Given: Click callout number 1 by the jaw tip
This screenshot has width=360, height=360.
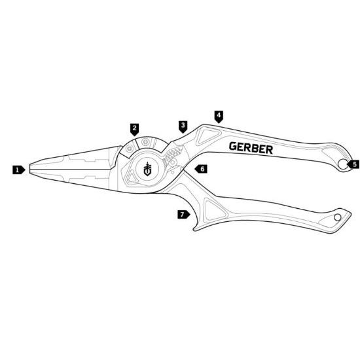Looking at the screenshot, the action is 18,170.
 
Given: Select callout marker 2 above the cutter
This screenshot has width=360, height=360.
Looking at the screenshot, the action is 134,129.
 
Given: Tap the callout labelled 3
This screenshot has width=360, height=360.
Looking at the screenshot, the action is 183,127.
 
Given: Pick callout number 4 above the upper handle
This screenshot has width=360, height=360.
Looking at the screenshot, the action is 219,117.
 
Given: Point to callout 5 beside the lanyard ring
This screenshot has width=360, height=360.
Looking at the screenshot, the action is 353,164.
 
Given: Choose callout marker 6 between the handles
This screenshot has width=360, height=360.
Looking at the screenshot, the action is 201,169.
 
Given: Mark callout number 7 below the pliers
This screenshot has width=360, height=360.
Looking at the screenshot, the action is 183,215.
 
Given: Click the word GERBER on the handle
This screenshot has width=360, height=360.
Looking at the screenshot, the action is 251,148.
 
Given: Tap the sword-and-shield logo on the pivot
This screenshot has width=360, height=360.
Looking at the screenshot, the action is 147,169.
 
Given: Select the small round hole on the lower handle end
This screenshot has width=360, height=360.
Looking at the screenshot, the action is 338,217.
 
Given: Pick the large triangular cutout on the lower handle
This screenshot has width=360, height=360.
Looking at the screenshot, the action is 214,211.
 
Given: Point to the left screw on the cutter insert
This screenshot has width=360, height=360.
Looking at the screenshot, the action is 129,149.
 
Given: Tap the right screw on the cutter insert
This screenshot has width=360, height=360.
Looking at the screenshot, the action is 145,142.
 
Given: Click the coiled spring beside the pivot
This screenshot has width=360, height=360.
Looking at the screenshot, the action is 173,153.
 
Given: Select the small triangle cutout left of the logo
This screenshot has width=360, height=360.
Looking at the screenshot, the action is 132,177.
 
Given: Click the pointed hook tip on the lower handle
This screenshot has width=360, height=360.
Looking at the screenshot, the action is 194,229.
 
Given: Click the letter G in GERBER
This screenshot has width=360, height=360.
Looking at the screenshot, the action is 233,146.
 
